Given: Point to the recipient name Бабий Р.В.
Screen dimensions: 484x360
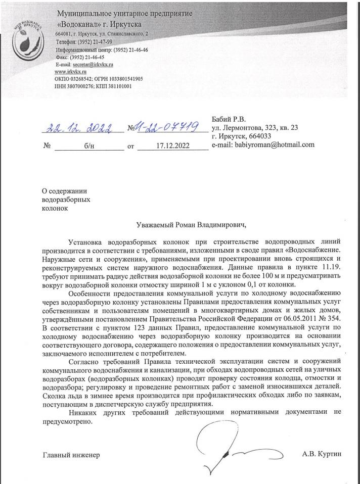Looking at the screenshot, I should tap(229, 119).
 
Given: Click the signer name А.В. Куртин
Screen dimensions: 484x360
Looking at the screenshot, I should tap(322, 454).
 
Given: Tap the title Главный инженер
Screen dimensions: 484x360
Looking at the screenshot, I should tap(71, 455).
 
